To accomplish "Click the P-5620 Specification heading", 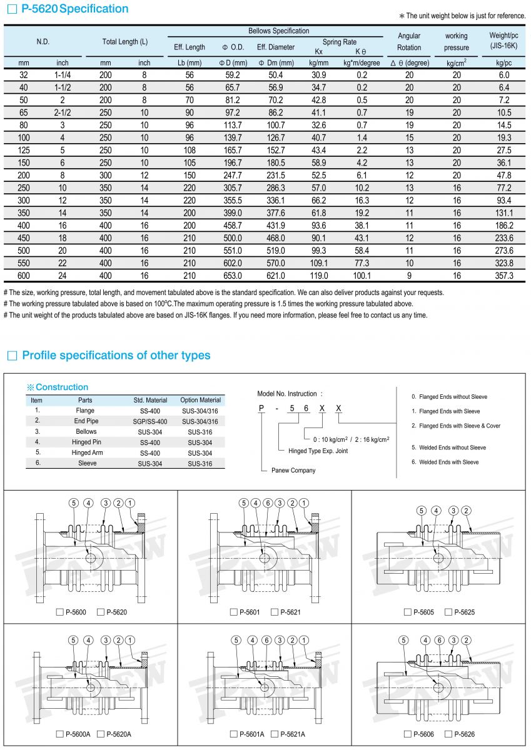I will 74,9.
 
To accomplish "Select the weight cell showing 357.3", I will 504,275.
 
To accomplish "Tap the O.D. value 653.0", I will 233,275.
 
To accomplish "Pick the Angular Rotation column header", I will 409,41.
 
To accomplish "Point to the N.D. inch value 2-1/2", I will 63,112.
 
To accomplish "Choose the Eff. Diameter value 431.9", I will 275,225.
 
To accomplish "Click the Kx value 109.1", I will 319,262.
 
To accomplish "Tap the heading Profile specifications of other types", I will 116,356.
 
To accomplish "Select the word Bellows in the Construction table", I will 86,431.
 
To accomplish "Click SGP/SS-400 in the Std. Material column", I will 150,421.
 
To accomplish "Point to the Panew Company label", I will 293,470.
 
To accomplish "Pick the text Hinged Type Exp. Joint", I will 318,451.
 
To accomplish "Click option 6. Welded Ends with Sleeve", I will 445,462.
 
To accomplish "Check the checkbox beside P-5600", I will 59,612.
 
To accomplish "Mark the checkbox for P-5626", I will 448,734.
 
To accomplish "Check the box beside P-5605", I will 408,612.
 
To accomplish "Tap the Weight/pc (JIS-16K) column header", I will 503,41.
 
